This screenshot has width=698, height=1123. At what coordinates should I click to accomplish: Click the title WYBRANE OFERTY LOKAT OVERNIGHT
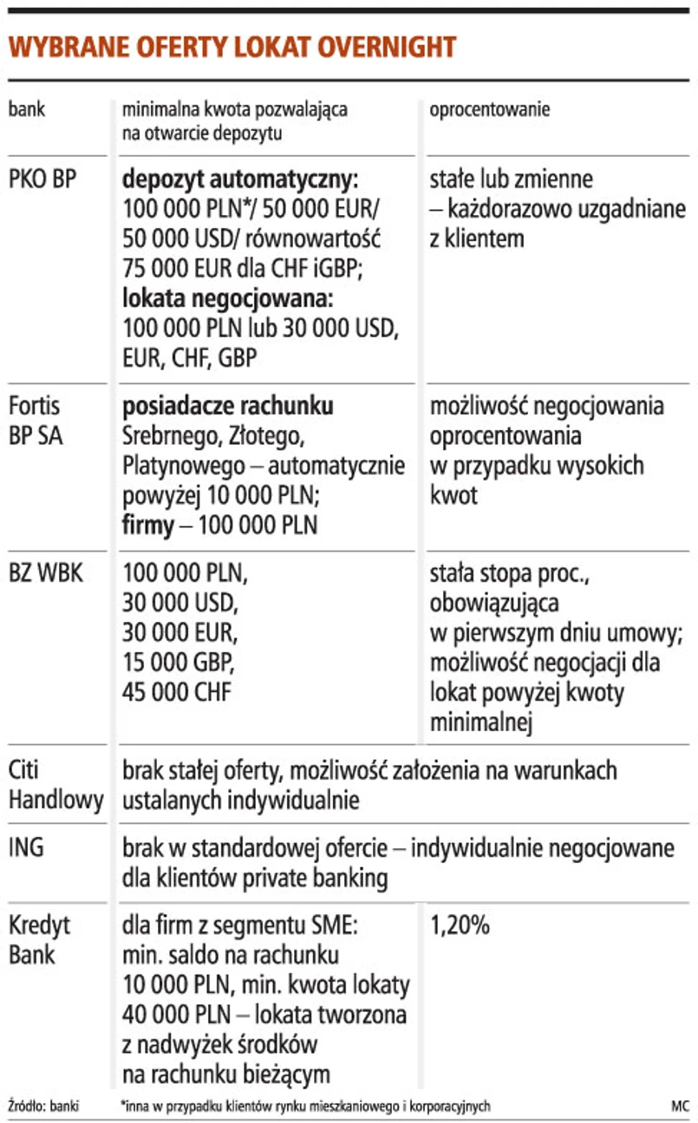[x=232, y=47]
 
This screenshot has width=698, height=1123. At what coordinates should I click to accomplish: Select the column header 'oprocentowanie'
[x=490, y=111]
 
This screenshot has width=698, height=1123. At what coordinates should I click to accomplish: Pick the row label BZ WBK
[x=46, y=573]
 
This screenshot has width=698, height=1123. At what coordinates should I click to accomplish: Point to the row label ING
[x=26, y=847]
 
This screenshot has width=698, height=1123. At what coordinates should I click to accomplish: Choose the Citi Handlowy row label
[x=55, y=783]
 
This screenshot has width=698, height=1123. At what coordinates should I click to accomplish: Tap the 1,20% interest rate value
[x=460, y=925]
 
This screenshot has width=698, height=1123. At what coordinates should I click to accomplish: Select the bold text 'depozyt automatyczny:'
[x=240, y=180]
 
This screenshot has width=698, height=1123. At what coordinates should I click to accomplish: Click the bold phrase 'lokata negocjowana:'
[x=229, y=298]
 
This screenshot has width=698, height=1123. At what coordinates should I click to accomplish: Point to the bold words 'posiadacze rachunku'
[x=228, y=406]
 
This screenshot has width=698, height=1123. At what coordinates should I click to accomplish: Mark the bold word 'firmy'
[x=148, y=525]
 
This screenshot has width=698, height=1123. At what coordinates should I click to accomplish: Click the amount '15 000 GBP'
[x=179, y=662]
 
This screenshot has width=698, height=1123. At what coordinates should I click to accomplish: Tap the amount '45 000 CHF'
[x=178, y=691]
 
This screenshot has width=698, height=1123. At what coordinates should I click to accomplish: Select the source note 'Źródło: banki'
[x=43, y=1106]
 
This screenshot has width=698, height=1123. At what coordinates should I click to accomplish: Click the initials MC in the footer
[x=679, y=1106]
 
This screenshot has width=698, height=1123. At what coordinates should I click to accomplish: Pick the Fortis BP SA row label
[x=36, y=420]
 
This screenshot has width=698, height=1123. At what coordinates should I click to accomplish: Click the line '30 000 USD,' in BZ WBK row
[x=179, y=603]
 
